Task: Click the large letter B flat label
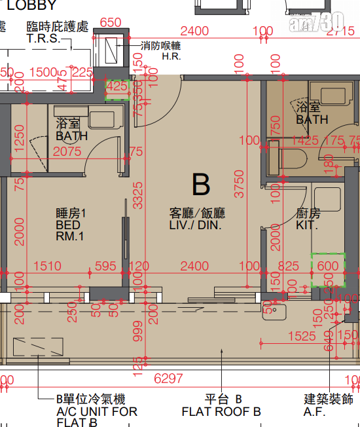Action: coord(201,185)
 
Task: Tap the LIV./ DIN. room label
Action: coord(196,219)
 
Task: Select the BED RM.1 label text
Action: coord(71,225)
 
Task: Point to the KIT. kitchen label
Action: coord(307,219)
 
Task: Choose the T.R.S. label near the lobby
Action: coord(43,39)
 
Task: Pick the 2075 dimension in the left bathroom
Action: coord(68,151)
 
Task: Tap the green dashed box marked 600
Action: coord(327,269)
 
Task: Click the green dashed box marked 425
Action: coord(117,90)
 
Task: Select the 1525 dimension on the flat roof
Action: coord(302,336)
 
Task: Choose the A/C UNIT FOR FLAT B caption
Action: coord(97,412)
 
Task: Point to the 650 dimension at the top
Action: coord(110,22)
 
